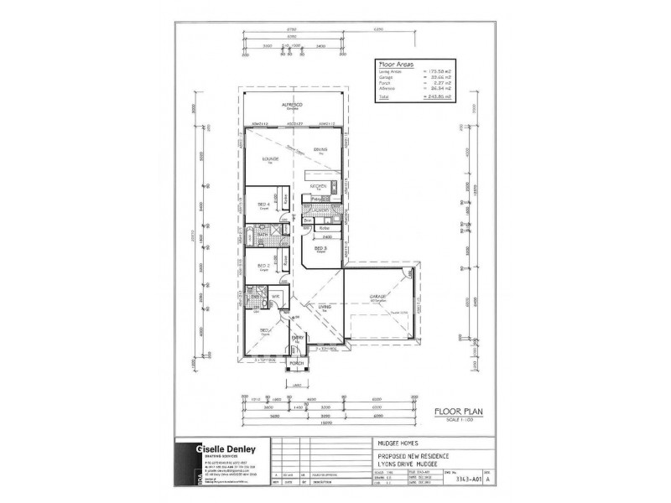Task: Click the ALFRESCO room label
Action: (x=292, y=104)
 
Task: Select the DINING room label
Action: (x=320, y=149)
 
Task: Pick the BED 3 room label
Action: (x=320, y=248)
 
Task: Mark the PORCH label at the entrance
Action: (x=296, y=363)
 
